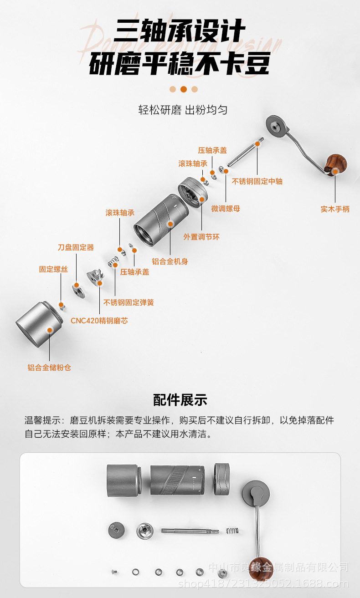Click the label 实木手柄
coord(335,209)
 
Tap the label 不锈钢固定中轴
coord(257,181)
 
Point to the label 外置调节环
coord(201,237)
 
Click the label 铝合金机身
coord(170,261)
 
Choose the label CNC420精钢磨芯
coord(99,321)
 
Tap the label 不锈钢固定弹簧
coord(129,302)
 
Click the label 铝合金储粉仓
coord(49,368)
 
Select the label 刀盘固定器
coord(76,247)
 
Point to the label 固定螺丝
coord(53,269)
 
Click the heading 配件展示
coord(180,400)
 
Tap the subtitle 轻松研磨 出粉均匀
coord(183,110)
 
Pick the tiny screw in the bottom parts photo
coord(112,571)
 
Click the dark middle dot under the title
coord(183,89)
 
